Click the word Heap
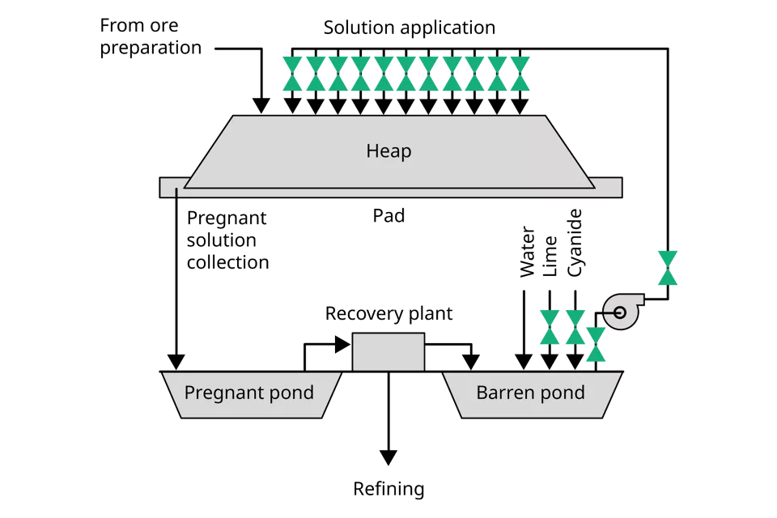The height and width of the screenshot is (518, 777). [x=388, y=151]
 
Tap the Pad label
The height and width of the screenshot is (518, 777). [x=388, y=215]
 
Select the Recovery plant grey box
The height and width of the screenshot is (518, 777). [x=388, y=352]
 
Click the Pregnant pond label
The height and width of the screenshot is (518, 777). [x=248, y=393]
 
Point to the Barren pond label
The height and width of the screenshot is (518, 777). [x=530, y=393]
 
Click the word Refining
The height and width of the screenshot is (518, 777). [x=388, y=489]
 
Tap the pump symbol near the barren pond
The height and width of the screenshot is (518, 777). [x=622, y=311]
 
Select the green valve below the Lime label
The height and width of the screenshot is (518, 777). [x=550, y=327]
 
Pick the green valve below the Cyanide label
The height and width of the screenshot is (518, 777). [x=575, y=327]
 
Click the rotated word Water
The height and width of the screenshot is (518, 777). [x=527, y=252]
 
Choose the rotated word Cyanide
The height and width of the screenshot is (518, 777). [x=575, y=243]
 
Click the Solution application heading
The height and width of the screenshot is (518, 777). [x=410, y=28]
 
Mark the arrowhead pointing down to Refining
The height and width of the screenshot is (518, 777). [x=388, y=457]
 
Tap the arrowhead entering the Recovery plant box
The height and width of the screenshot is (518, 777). [x=343, y=345]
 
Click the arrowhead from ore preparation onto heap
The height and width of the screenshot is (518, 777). [x=261, y=105]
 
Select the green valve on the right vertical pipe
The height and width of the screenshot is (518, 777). [x=668, y=268]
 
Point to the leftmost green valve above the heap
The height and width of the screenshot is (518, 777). [x=292, y=74]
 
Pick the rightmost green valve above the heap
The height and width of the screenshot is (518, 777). [x=520, y=74]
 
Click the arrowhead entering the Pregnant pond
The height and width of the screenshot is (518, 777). [x=176, y=363]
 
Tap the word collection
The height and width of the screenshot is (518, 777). [x=228, y=262]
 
